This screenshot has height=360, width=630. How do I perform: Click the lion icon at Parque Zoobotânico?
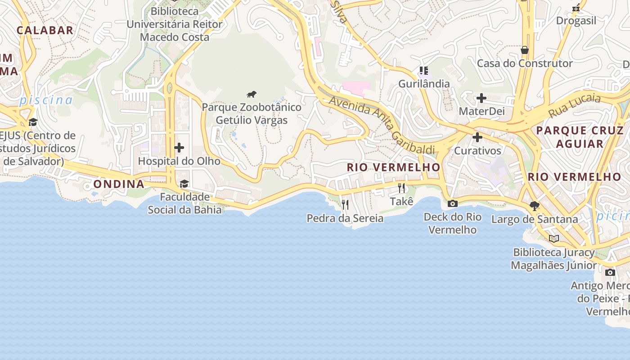(252, 94)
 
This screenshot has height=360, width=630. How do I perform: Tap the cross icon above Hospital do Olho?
(179, 147)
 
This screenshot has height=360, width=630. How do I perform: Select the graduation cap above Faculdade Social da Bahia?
(184, 184)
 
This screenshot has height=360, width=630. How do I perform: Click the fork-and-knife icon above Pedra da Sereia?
(345, 205)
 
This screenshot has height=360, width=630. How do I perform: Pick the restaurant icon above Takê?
(401, 188)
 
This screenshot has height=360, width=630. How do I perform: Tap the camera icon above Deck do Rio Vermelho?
(453, 203)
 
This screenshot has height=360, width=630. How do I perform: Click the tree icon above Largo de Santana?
(535, 206)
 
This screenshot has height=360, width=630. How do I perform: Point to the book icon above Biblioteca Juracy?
(554, 238)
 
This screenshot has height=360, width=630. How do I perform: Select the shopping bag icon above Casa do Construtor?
(524, 50)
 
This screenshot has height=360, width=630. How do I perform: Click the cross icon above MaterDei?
(481, 98)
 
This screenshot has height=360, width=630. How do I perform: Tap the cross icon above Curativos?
(477, 137)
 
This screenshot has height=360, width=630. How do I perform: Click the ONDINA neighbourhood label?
(119, 184)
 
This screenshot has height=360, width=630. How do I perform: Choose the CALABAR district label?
(45, 30)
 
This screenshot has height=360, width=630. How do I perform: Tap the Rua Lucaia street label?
(574, 106)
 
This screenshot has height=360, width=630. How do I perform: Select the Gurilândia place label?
(424, 84)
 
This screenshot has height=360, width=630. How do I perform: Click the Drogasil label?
(576, 21)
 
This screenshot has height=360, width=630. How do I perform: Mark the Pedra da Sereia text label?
(345, 219)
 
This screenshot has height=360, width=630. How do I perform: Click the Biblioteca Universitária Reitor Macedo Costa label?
(175, 24)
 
